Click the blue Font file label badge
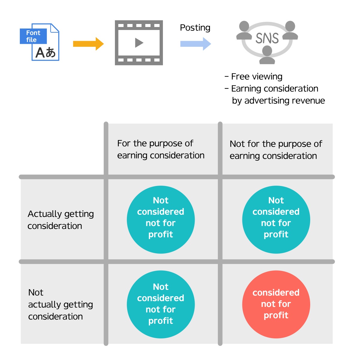33,36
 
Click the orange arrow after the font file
88,44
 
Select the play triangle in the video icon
139,43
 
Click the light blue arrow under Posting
195,44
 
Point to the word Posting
195,28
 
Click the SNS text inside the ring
267,38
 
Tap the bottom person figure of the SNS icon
267,55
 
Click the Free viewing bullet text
256,77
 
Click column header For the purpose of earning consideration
161,149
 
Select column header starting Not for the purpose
276,150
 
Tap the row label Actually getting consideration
61,220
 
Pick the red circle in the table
276,304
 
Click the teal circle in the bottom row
161,304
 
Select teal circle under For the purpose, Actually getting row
161,220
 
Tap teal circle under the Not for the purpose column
276,220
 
